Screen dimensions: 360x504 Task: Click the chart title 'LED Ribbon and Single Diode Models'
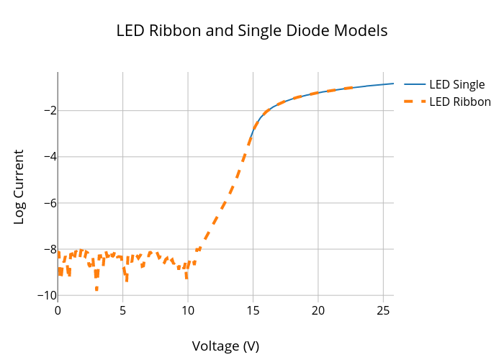click(252, 31)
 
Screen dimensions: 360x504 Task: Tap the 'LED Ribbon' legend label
click(459, 102)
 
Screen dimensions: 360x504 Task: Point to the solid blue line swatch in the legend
click(415, 84)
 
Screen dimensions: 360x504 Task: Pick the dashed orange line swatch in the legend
click(415, 102)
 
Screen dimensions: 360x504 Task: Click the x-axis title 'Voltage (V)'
click(225, 346)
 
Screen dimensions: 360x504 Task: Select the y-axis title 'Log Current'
click(19, 186)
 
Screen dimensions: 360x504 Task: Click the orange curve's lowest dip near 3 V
click(96, 289)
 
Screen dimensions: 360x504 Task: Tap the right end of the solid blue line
click(393, 84)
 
